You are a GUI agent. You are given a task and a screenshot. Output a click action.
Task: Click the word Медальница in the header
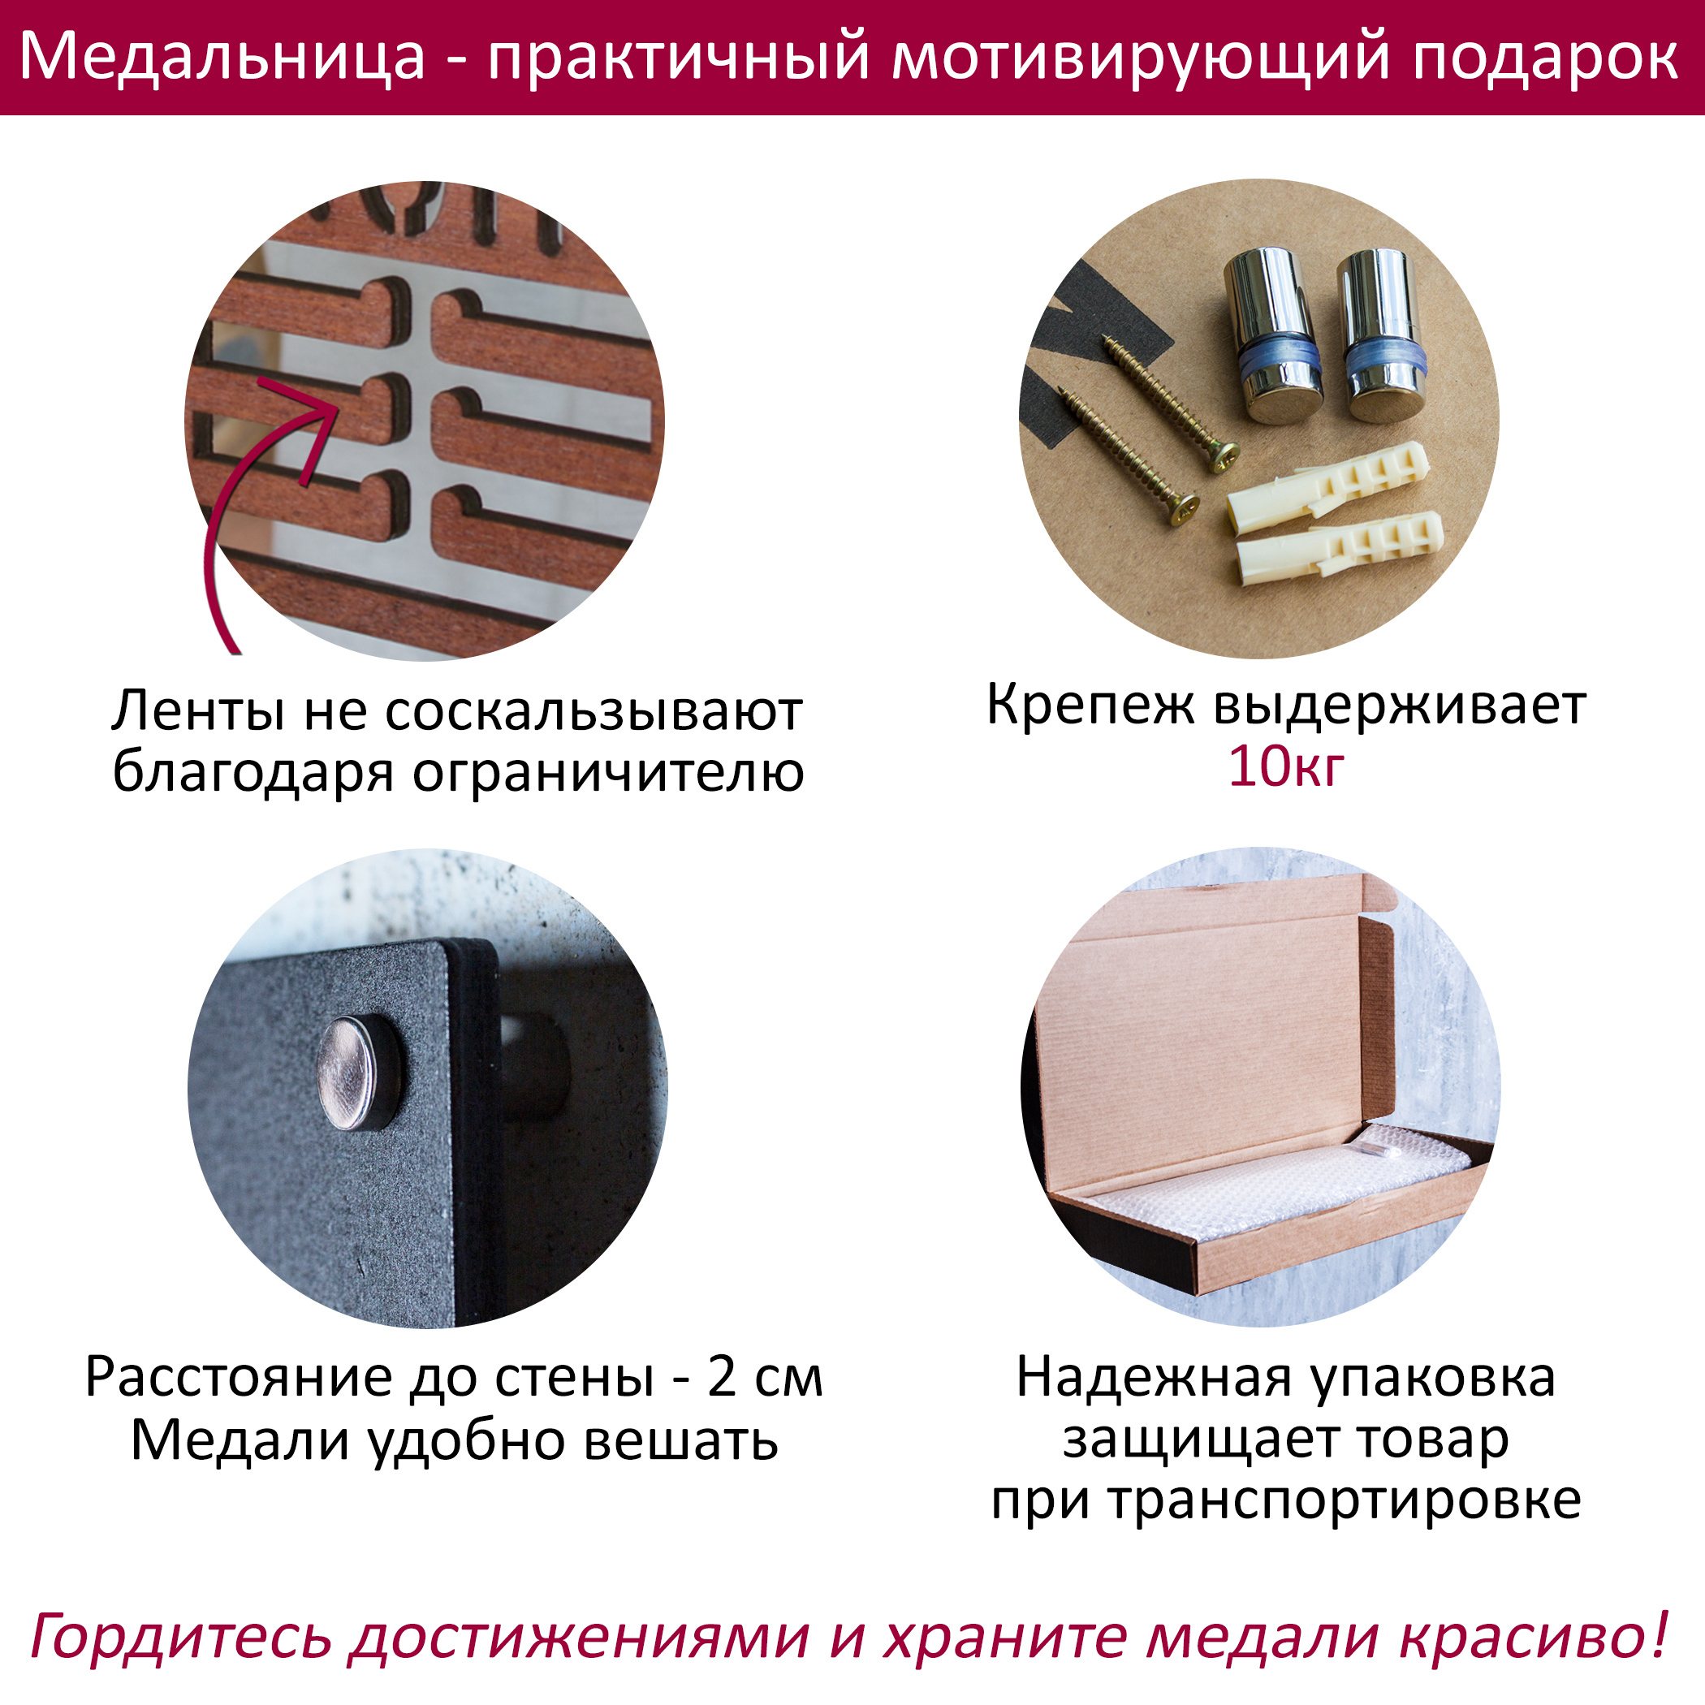tap(223, 58)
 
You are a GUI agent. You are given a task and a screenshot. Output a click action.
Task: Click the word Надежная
tap(1155, 1379)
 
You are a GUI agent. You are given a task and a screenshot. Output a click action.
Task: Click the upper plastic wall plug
tap(1328, 479)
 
